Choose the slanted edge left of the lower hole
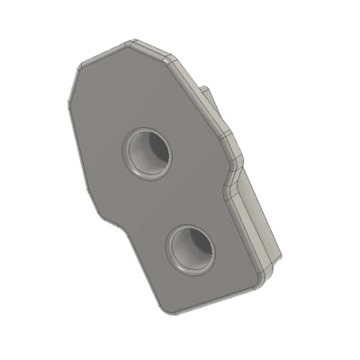pyautogui.click(x=135, y=265)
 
